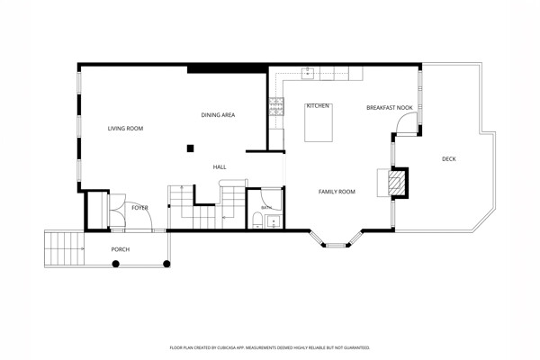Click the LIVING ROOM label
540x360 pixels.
(x=125, y=129)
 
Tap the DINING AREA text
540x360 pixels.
(x=218, y=115)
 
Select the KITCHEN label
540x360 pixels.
(x=318, y=106)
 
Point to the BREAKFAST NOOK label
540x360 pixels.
(x=390, y=108)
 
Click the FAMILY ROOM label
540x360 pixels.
(x=337, y=192)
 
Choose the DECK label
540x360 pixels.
(x=449, y=158)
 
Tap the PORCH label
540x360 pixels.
(x=121, y=249)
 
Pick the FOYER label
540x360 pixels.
(x=139, y=208)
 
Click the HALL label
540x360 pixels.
(x=220, y=167)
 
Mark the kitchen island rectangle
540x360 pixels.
(x=319, y=122)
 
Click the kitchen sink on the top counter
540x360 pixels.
(x=308, y=74)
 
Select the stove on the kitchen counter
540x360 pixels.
(x=276, y=106)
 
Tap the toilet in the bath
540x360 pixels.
(x=256, y=220)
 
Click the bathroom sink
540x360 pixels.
(x=274, y=221)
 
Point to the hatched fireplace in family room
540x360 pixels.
(x=395, y=183)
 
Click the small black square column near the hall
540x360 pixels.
(x=190, y=148)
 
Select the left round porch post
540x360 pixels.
(x=116, y=264)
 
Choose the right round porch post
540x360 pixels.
(x=166, y=264)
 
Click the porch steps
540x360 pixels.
(x=65, y=248)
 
